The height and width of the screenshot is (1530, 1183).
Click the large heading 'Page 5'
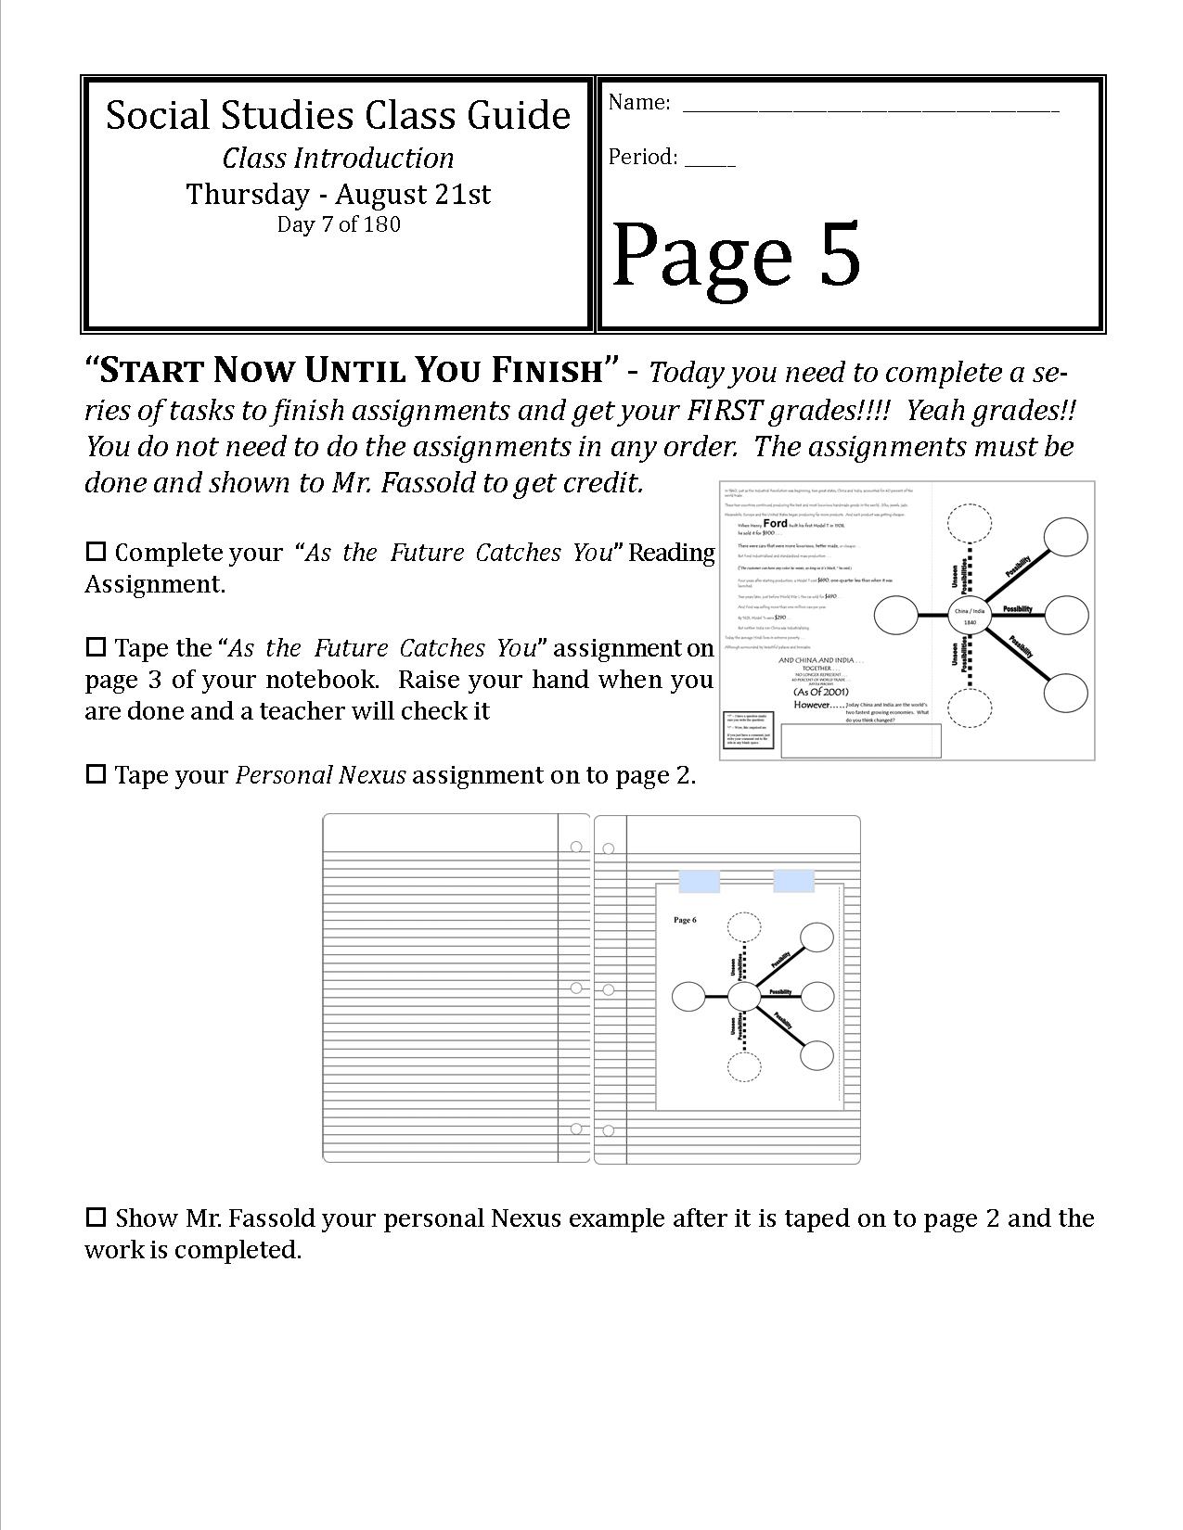(736, 254)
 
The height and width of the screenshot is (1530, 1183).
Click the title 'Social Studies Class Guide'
(338, 115)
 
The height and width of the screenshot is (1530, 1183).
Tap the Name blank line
(870, 108)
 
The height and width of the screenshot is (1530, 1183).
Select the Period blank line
(710, 162)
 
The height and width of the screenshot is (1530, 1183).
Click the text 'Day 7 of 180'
(339, 224)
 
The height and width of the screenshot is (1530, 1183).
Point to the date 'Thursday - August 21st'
(339, 194)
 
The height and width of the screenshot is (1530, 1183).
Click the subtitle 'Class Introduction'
(339, 158)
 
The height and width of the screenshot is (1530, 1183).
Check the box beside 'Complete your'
(96, 552)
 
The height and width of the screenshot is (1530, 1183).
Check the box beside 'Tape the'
(96, 646)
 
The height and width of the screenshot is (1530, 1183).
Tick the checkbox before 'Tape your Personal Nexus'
(96, 774)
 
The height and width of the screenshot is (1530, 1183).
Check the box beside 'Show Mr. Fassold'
(96, 1217)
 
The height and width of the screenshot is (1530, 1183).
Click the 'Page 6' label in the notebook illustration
(685, 920)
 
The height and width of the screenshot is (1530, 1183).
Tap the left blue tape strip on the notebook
(699, 881)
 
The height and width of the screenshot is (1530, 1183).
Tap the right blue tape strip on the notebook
(793, 881)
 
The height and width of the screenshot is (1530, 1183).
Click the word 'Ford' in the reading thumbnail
(774, 524)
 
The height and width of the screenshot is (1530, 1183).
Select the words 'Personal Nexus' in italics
(320, 775)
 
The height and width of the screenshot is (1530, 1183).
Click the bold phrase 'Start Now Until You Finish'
(351, 371)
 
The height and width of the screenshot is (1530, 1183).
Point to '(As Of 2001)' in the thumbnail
(820, 692)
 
